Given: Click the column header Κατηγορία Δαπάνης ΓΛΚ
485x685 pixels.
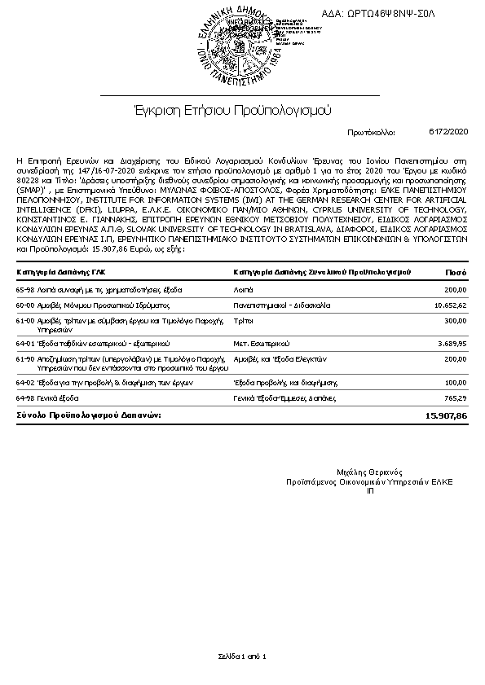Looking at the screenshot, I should [x=60, y=272].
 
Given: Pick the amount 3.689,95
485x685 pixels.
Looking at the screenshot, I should [x=451, y=345].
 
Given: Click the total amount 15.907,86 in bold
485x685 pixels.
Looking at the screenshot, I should [x=446, y=415].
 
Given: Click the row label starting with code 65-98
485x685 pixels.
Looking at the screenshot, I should [x=99, y=290].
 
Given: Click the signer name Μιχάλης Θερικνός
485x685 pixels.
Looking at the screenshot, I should [x=369, y=472].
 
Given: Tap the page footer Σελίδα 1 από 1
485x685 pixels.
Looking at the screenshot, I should [x=242, y=656].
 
